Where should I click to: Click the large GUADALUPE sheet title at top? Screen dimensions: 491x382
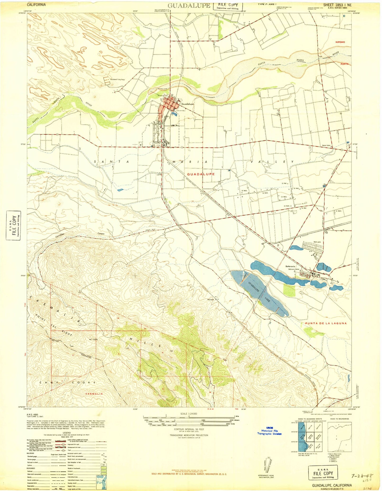(189, 6)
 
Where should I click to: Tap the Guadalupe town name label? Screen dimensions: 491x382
(187, 104)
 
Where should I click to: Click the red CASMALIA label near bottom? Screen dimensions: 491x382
(94, 394)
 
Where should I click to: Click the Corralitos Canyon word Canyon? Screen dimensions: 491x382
(101, 234)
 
